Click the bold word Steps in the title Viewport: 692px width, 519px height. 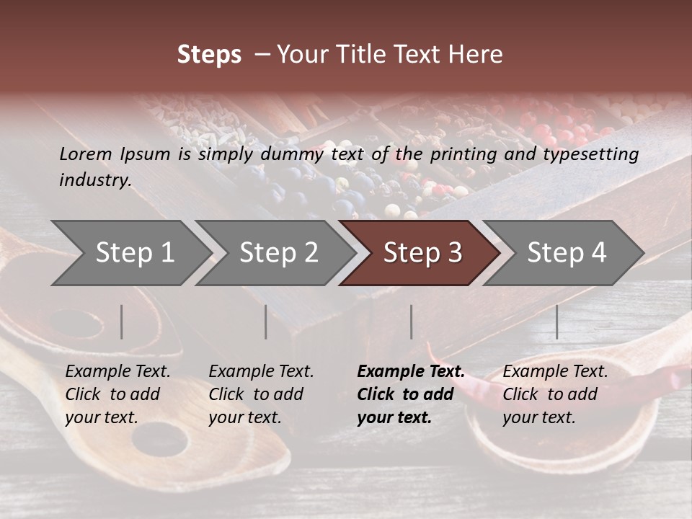click(x=209, y=55)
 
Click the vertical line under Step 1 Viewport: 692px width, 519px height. click(x=122, y=321)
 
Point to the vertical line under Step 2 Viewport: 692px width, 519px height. click(x=266, y=321)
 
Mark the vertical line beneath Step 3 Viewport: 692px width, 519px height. click(x=412, y=321)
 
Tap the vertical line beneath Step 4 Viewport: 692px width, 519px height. click(x=557, y=321)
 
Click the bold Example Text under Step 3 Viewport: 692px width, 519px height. click(x=410, y=394)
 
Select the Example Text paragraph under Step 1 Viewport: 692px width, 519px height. click(x=117, y=394)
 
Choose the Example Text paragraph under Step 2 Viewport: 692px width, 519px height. click(x=261, y=394)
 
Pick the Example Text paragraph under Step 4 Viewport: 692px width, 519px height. click(x=554, y=394)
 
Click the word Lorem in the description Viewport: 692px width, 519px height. click(x=86, y=154)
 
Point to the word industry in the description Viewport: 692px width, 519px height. click(x=95, y=180)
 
